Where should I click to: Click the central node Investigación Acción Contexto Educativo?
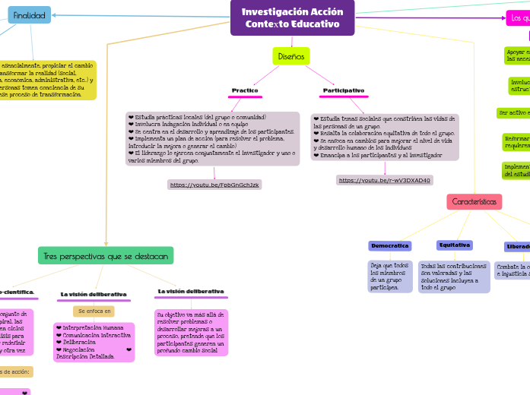point(292,17)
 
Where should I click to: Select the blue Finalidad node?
point(29,15)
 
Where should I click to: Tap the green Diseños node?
point(290,56)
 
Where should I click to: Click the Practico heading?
point(245,90)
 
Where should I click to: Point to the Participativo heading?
point(343,90)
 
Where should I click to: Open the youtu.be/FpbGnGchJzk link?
point(214,185)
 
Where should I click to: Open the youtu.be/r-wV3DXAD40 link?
point(385,180)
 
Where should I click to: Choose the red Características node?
point(474,202)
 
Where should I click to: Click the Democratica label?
point(389,246)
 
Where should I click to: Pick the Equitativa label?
point(454,245)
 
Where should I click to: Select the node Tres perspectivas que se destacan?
point(106,255)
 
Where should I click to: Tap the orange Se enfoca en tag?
point(94,311)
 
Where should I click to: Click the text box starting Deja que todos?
point(389,276)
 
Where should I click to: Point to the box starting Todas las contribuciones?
point(454,276)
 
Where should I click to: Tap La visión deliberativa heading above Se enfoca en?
point(94,294)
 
